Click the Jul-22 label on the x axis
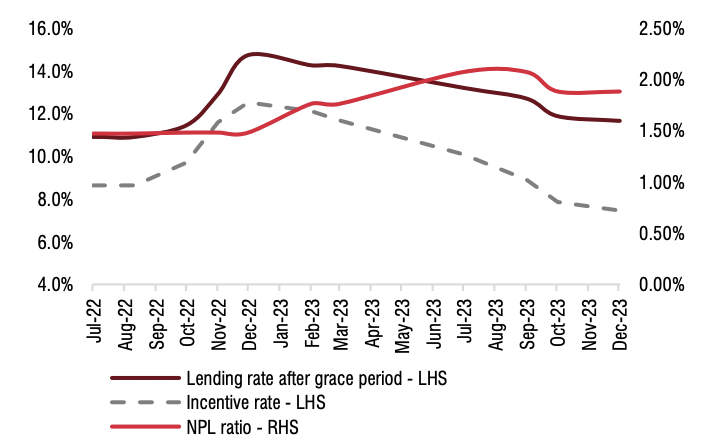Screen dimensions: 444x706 pyautogui.click(x=94, y=322)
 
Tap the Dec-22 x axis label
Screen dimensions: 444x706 pyautogui.click(x=247, y=322)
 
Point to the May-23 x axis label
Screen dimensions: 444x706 pyautogui.click(x=402, y=322)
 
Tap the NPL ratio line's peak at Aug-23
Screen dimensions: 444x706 pyautogui.click(x=495, y=69)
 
